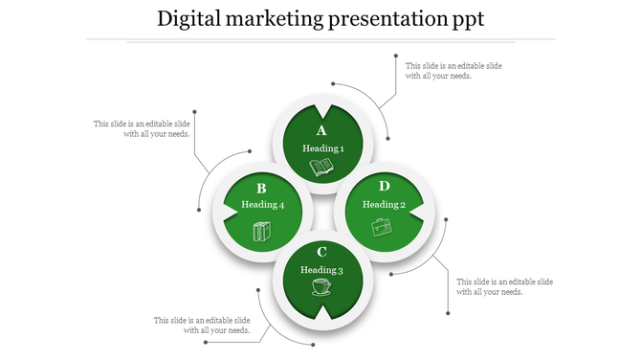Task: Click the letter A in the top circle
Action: coord(321,130)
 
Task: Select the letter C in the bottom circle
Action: coord(321,252)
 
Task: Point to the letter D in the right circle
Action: coord(384,186)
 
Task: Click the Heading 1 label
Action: coord(322,148)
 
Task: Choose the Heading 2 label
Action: coord(384,204)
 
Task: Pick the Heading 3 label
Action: coord(321,270)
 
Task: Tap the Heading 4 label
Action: coord(262,205)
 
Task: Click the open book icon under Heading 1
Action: coord(322,169)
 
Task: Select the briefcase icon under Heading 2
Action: coord(383,227)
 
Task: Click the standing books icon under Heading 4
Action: coord(261,231)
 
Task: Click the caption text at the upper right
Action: coord(453,70)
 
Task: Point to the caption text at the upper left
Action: coord(142,128)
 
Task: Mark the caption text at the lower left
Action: coord(202,325)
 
